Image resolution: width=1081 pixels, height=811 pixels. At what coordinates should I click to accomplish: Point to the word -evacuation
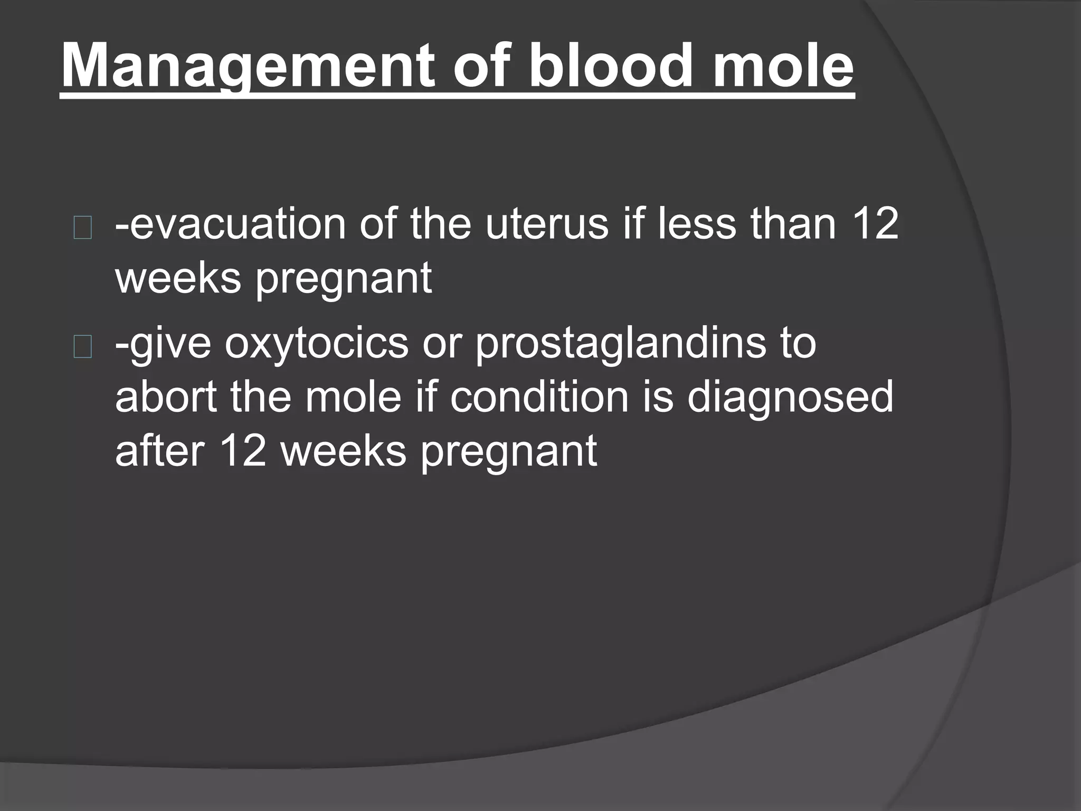point(230,224)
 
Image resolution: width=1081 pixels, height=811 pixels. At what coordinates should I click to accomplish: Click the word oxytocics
point(317,343)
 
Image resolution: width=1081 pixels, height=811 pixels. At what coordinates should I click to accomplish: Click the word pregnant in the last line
point(508,451)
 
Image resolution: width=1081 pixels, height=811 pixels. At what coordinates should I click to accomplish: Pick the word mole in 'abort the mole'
point(354,397)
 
